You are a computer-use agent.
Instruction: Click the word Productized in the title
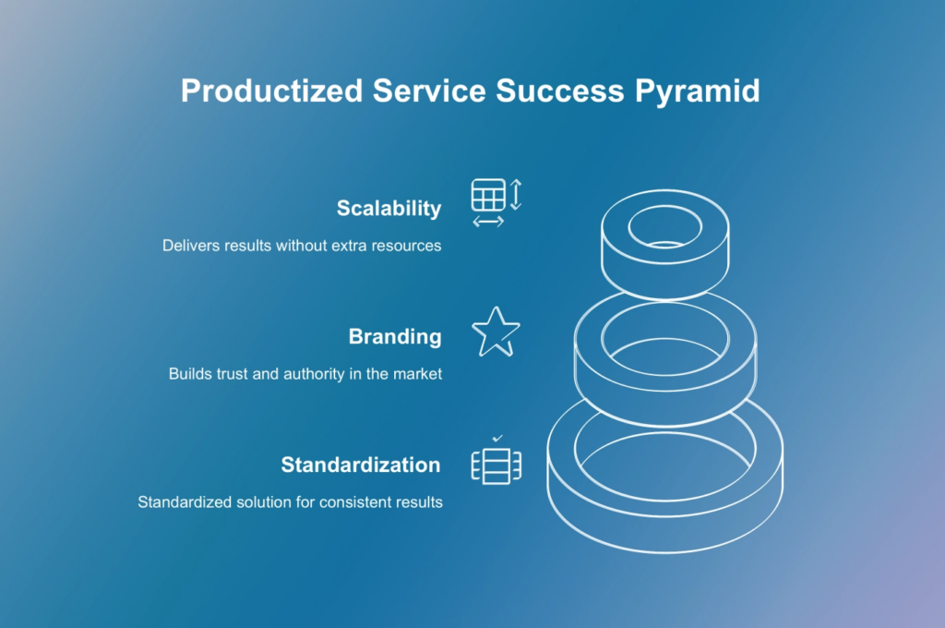pyautogui.click(x=272, y=91)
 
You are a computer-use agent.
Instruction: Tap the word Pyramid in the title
pyautogui.click(x=698, y=91)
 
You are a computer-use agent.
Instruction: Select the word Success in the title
pyautogui.click(x=560, y=91)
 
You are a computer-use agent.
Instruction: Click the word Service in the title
pyautogui.click(x=429, y=91)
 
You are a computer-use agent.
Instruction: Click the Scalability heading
pyautogui.click(x=389, y=208)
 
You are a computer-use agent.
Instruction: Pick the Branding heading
pyautogui.click(x=395, y=336)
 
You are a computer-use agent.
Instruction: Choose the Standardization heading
pyautogui.click(x=361, y=465)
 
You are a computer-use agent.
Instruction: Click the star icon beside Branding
pyautogui.click(x=496, y=332)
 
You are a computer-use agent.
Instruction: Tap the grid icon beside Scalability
pyautogui.click(x=488, y=195)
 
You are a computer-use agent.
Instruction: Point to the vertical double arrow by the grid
pyautogui.click(x=516, y=194)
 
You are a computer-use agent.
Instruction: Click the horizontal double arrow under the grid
pyautogui.click(x=488, y=222)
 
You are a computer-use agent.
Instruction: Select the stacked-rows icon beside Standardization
pyautogui.click(x=496, y=465)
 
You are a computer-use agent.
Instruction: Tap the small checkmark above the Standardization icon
pyautogui.click(x=497, y=439)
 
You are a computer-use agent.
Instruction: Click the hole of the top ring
pyautogui.click(x=664, y=227)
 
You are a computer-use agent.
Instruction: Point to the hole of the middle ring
pyautogui.click(x=665, y=338)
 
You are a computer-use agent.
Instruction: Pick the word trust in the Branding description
pyautogui.click(x=233, y=374)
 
